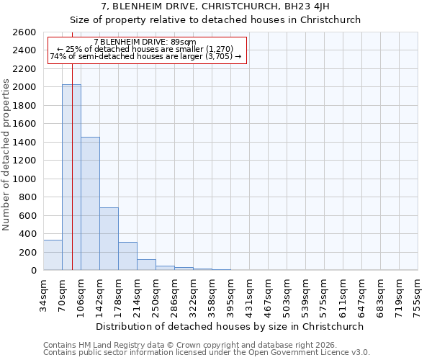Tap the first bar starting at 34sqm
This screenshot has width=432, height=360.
[53, 255]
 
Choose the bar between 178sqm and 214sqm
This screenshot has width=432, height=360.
[127, 256]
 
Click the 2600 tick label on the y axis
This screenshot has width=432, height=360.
[24, 32]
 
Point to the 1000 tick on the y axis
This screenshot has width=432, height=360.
[24, 179]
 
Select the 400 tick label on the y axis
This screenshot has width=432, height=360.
[27, 234]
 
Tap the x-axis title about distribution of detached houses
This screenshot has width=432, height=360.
[230, 326]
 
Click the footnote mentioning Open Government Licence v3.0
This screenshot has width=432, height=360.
[207, 353]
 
